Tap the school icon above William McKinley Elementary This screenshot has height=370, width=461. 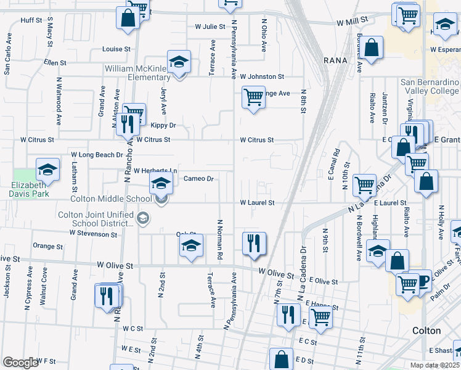tap(179, 62)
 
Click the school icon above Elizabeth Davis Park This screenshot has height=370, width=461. tap(47, 169)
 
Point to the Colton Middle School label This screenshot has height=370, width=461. tap(111, 199)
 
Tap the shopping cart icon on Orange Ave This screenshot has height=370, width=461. tap(253, 97)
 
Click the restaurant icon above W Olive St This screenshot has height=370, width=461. tap(253, 243)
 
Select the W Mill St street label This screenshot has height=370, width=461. tap(352, 20)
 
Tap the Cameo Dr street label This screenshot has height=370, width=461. tap(198, 179)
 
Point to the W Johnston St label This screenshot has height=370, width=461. tap(262, 77)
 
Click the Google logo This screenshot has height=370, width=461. tap(20, 362)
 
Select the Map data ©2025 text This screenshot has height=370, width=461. tap(434, 365)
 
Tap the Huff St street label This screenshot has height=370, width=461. tap(31, 20)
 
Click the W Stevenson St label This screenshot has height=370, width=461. tap(93, 234)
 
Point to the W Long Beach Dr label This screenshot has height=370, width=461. tap(97, 154)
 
